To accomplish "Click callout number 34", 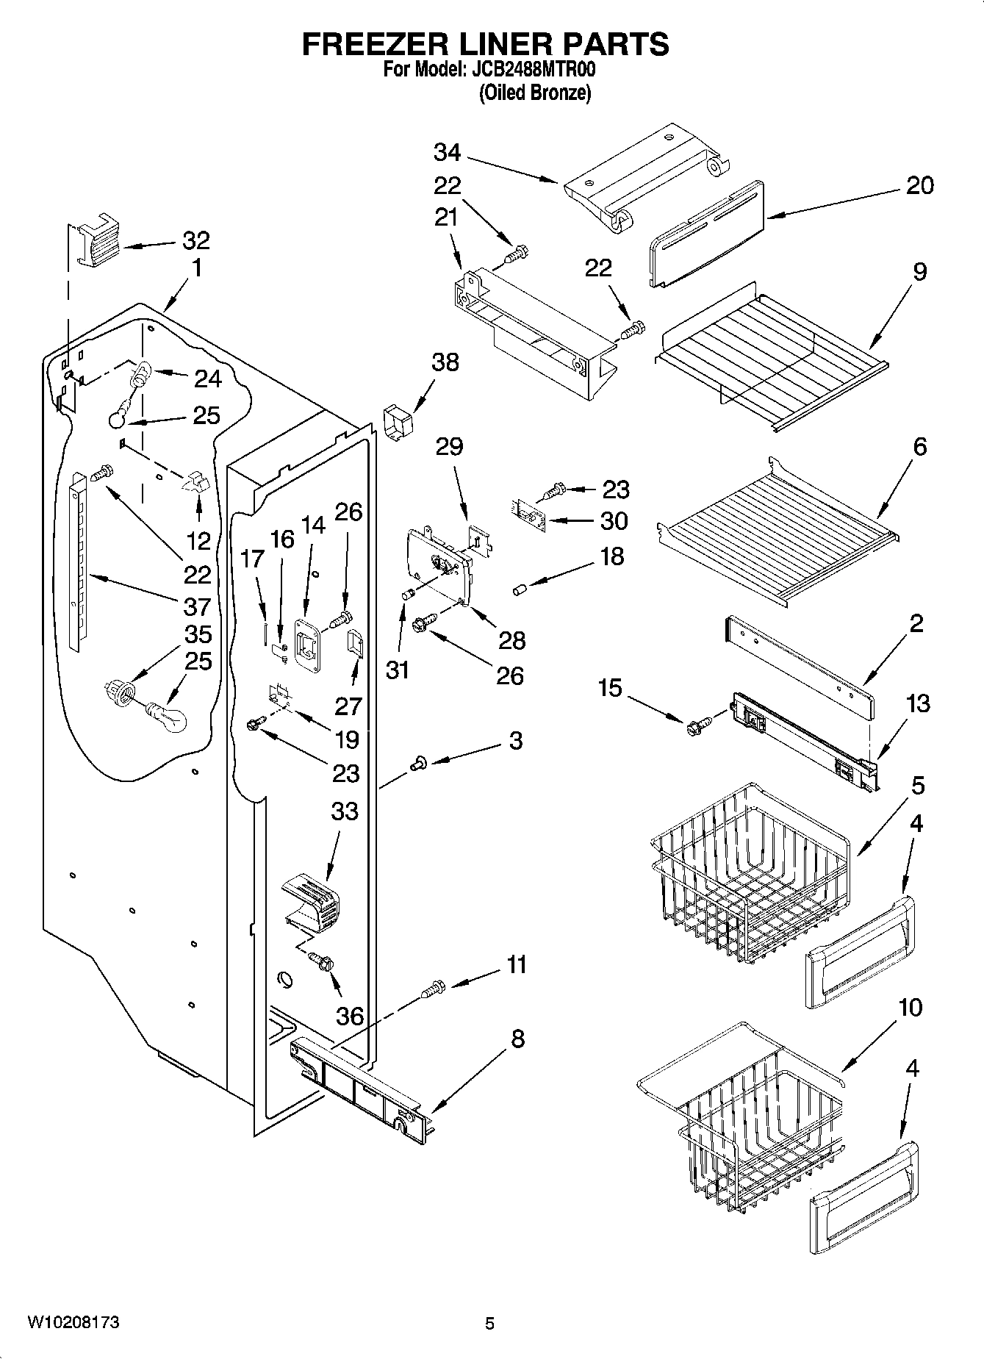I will pyautogui.click(x=447, y=152).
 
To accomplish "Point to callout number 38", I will pyautogui.click(x=445, y=362).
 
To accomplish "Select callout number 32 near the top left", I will pyautogui.click(x=195, y=240).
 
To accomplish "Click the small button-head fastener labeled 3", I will pyautogui.click(x=417, y=765).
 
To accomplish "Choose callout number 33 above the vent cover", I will pyautogui.click(x=344, y=811).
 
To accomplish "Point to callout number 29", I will pyautogui.click(x=449, y=445).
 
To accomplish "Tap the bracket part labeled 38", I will pyautogui.click(x=397, y=425).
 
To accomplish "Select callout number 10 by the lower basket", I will pyautogui.click(x=910, y=1006).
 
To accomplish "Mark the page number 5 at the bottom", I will pyautogui.click(x=489, y=1324).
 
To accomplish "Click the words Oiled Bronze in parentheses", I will pyautogui.click(x=534, y=93).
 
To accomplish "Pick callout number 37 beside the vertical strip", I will pyautogui.click(x=197, y=606).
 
